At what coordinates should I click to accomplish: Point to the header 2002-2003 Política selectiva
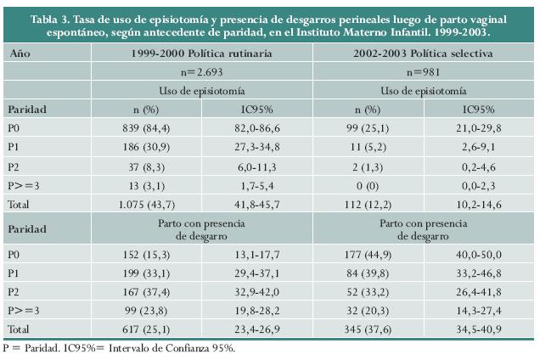click(x=423, y=53)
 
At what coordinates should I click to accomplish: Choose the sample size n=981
click(x=423, y=72)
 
